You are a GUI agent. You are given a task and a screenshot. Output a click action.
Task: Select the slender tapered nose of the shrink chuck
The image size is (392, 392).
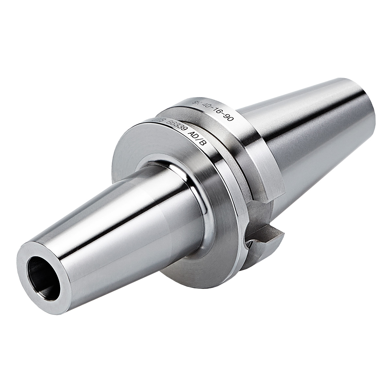(x=108, y=222)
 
